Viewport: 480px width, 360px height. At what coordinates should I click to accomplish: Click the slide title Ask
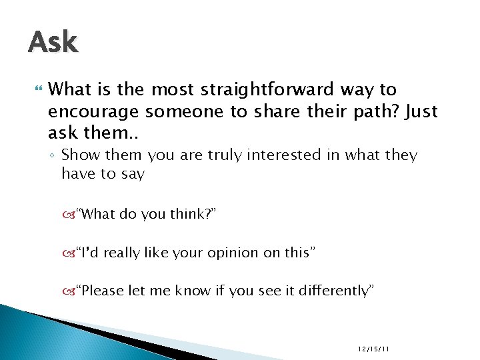tap(53, 43)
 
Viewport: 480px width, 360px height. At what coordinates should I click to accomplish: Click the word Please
tap(101, 291)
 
